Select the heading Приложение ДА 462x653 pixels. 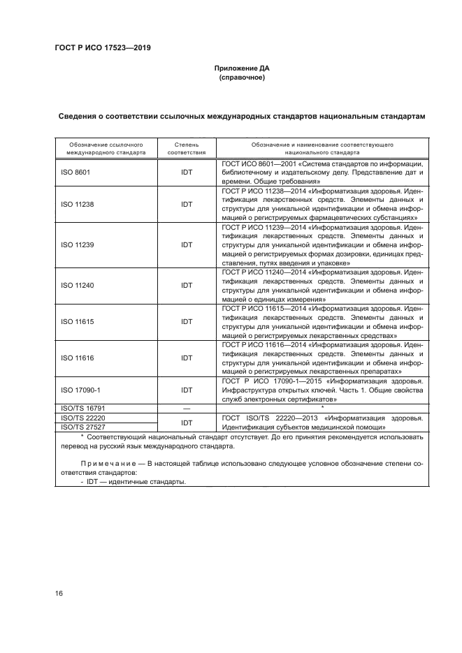point(240,68)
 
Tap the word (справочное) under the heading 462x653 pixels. point(241,78)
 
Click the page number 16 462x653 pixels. point(58,593)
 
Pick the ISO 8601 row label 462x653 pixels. point(75,170)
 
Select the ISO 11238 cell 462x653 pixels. point(78,204)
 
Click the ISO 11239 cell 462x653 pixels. point(78,245)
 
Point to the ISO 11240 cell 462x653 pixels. point(78,286)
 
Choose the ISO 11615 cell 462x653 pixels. point(78,321)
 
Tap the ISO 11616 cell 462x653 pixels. point(78,358)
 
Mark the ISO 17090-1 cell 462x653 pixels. point(81,390)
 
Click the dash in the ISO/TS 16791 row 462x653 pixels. point(187,408)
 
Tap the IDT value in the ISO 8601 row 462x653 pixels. point(187,170)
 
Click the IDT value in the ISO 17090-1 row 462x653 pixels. point(187,390)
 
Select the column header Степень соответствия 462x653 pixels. point(187,147)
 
